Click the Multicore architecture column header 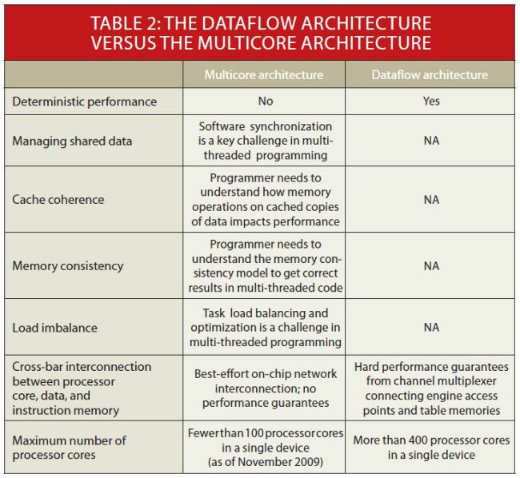tap(264, 75)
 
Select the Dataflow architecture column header tap(429, 75)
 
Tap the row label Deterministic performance tap(84, 102)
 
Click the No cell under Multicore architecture tap(265, 102)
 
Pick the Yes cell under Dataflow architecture tap(431, 102)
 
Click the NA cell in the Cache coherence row tap(431, 199)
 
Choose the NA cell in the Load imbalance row tap(431, 327)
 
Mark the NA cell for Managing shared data tap(431, 141)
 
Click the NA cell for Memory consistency tap(431, 265)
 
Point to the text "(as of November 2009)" tap(265, 462)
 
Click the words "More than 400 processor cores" tap(431, 440)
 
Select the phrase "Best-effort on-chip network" tap(265, 373)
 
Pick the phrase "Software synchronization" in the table tap(265, 126)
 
